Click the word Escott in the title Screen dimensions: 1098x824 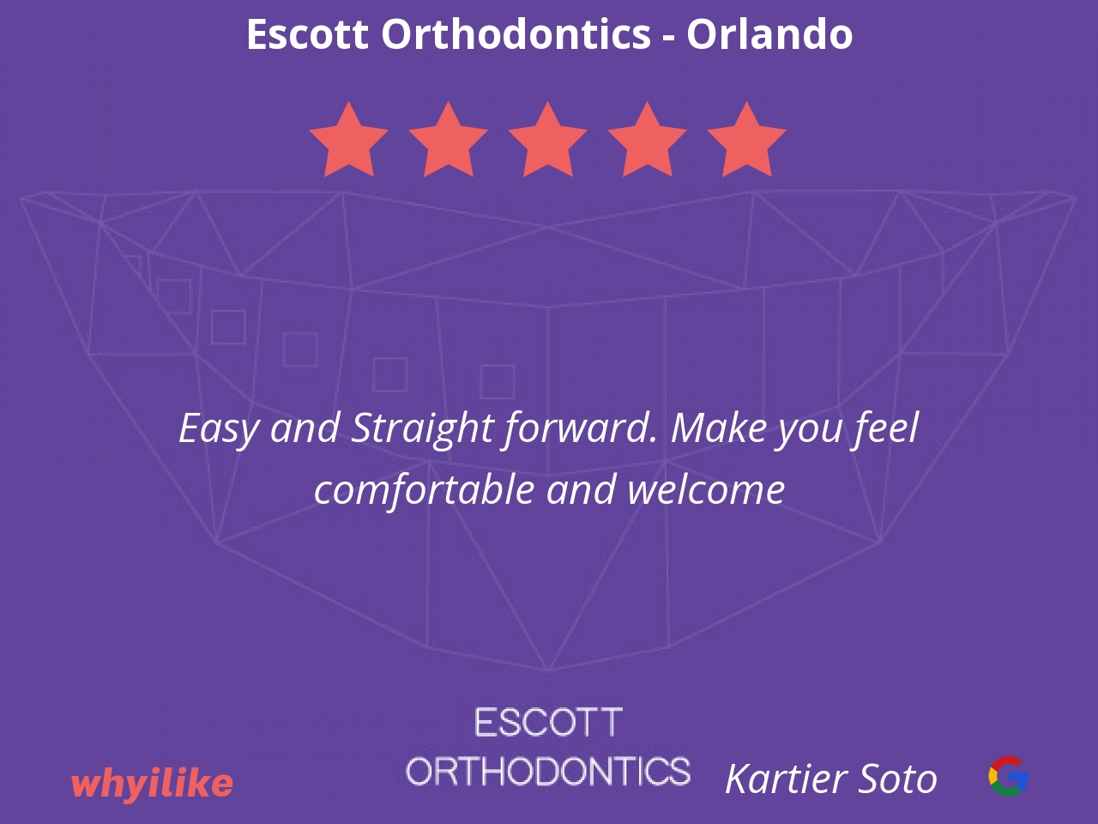pyautogui.click(x=307, y=33)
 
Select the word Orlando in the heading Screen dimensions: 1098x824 pyautogui.click(x=769, y=33)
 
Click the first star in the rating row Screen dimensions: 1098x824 pyautogui.click(x=348, y=140)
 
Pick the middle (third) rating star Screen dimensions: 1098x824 pyautogui.click(x=547, y=140)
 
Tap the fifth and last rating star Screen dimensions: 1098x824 pyautogui.click(x=746, y=140)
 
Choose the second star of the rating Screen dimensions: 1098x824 pyautogui.click(x=448, y=140)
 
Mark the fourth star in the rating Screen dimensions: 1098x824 pyautogui.click(x=647, y=140)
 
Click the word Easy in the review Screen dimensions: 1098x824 pyautogui.click(x=219, y=430)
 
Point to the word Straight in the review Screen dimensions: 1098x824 pyautogui.click(x=422, y=430)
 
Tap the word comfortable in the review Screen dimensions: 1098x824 pyautogui.click(x=425, y=490)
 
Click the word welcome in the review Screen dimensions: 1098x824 pyautogui.click(x=706, y=490)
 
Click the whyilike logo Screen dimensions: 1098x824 pyautogui.click(x=152, y=784)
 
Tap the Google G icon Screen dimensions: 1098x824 pyautogui.click(x=1009, y=776)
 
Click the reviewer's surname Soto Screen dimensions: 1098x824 pyautogui.click(x=898, y=779)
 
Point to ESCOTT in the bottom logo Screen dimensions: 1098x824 pyautogui.click(x=548, y=723)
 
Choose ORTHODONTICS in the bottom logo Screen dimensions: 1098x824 pyautogui.click(x=548, y=771)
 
